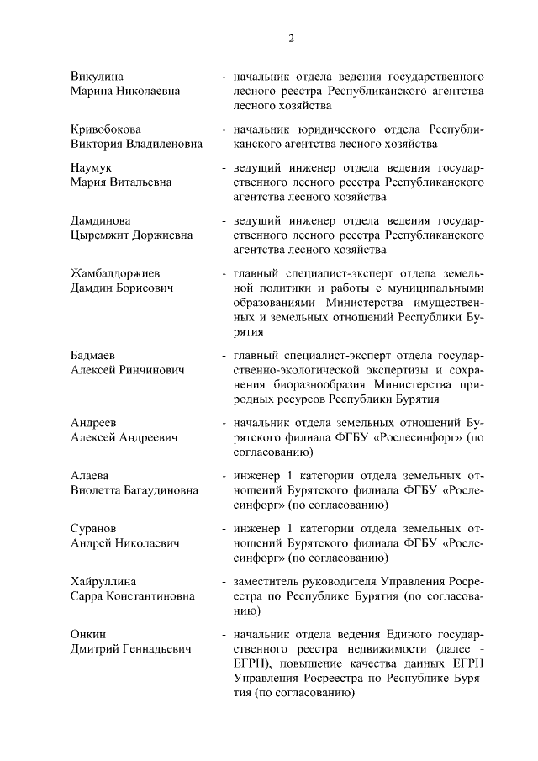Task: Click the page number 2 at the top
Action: pos(291,38)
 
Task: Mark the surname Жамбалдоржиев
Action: pos(120,274)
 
